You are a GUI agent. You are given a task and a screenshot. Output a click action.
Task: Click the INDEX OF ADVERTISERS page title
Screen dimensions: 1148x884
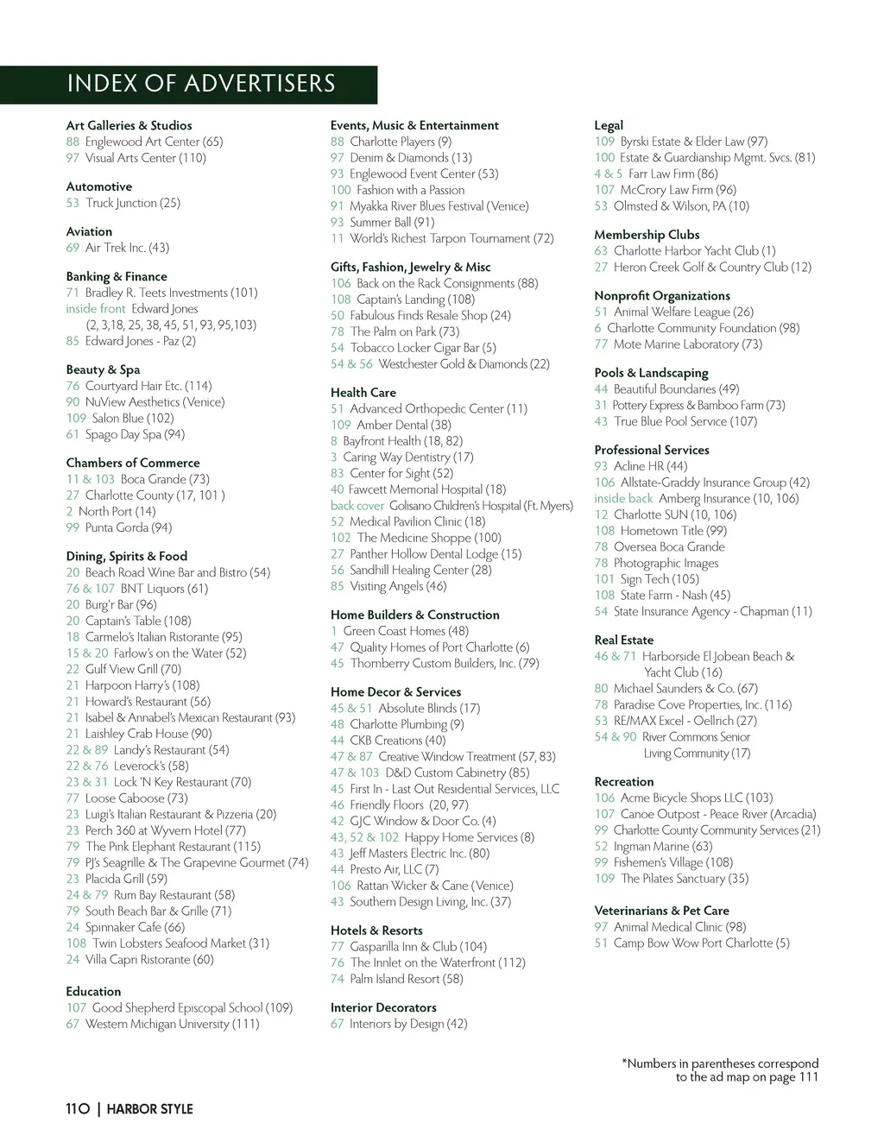tap(200, 84)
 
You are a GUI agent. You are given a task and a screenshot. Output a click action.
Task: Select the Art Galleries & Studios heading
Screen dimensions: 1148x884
tap(129, 125)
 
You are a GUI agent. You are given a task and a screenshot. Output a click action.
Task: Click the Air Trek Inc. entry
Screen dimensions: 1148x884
tap(127, 248)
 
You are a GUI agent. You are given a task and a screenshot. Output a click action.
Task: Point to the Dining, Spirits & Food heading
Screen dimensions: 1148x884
tap(126, 556)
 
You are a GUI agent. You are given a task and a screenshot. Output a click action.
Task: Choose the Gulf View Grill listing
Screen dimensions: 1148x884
tap(133, 669)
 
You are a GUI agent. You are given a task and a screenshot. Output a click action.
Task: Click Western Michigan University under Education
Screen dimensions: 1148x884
tap(172, 1024)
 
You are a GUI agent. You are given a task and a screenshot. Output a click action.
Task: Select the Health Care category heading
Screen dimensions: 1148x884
tap(363, 392)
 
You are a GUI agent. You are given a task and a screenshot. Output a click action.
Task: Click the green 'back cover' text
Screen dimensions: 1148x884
tap(357, 506)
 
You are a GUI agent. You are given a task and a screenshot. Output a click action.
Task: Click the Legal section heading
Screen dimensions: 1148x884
tap(609, 125)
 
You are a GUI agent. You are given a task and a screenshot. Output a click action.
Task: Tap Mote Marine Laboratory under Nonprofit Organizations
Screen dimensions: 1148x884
tap(687, 344)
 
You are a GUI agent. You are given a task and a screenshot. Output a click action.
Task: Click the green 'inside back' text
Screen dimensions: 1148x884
tap(623, 498)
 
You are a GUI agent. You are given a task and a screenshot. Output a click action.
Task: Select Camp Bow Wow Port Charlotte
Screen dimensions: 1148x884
tap(701, 943)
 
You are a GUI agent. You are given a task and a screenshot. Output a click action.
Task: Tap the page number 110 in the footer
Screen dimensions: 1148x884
tap(78, 1109)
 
